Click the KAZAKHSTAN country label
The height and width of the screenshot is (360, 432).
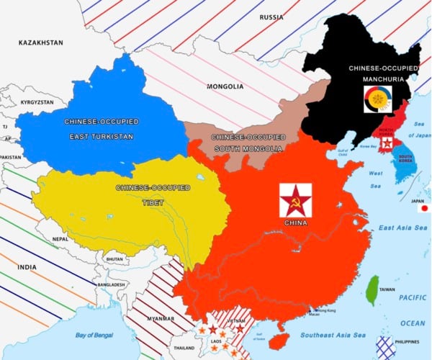[x=40, y=42]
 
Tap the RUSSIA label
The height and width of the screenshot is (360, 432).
[x=271, y=17]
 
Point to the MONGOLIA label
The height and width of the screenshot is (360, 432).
[x=225, y=87]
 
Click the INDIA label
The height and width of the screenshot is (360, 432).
[x=27, y=267]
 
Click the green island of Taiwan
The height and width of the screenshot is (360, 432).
[x=372, y=289]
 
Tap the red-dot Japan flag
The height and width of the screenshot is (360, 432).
[x=423, y=208]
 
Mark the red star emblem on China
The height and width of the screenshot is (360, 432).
[x=295, y=199]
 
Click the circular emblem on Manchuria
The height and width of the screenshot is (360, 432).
[x=379, y=99]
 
